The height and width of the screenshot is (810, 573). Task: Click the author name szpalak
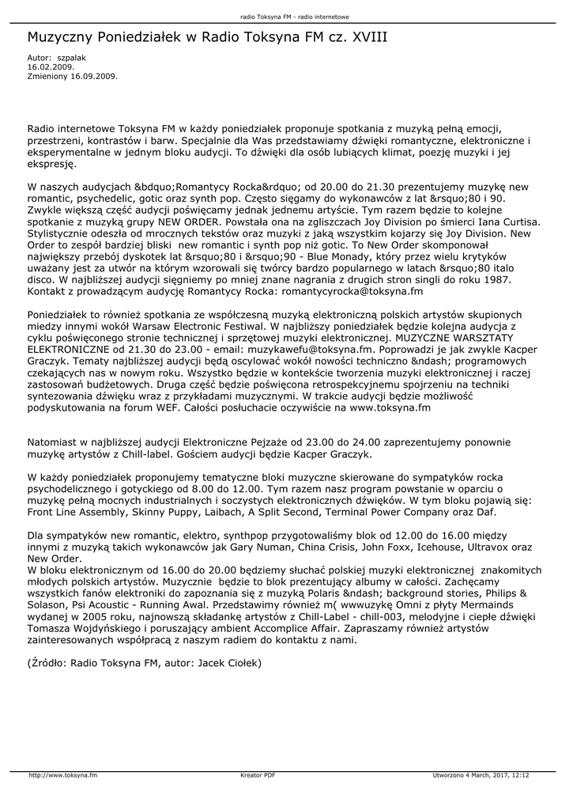71,58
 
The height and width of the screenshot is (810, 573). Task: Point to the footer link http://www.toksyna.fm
63,775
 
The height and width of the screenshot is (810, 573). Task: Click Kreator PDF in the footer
258,775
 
